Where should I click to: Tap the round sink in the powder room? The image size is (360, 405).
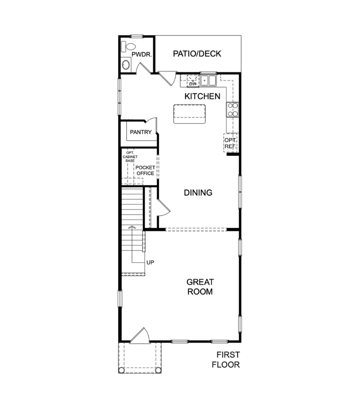(x=126, y=65)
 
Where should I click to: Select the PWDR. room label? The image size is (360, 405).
(x=141, y=54)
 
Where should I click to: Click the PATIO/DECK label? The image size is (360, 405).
(x=197, y=54)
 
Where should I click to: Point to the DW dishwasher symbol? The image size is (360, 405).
(x=193, y=83)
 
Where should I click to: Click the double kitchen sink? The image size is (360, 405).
(x=208, y=81)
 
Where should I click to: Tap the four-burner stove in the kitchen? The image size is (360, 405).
(x=233, y=109)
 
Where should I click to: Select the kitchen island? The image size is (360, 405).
(x=189, y=113)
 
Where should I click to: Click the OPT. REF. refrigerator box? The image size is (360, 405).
(x=230, y=143)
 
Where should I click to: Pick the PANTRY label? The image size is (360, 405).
(x=140, y=132)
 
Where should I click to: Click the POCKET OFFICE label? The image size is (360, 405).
(x=145, y=171)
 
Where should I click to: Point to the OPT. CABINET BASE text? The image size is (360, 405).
(x=130, y=156)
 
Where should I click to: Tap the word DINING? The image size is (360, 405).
(x=198, y=193)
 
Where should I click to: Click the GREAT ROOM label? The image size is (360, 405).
(x=200, y=287)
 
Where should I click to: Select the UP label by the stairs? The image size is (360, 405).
(x=150, y=262)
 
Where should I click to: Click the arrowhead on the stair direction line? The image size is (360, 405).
(x=132, y=227)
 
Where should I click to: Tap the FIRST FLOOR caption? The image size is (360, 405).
(x=226, y=360)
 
